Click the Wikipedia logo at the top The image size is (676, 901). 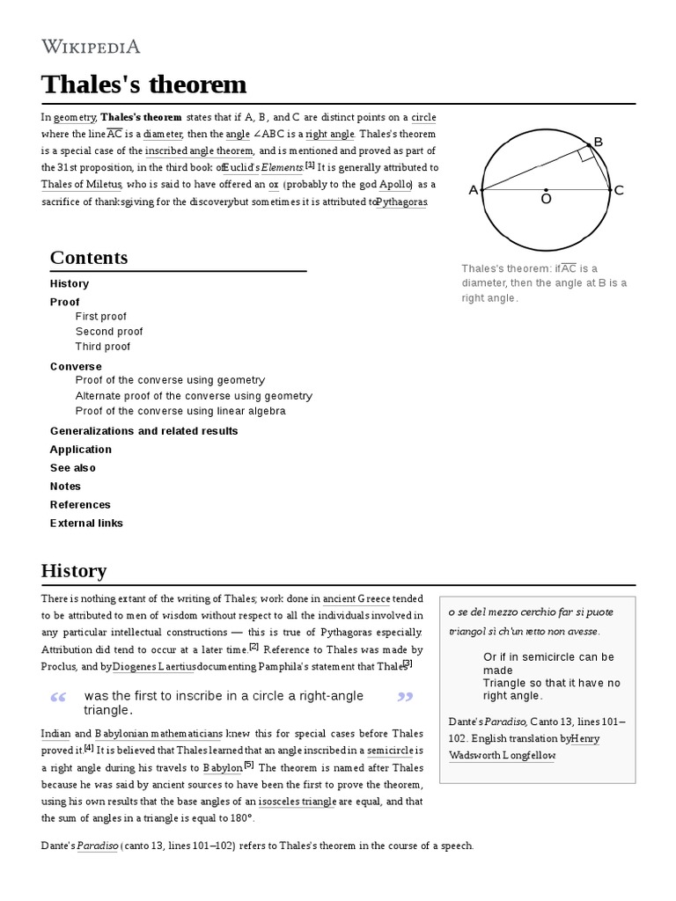coord(91,46)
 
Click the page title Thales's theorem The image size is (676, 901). coord(143,84)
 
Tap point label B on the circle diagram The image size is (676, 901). coord(599,142)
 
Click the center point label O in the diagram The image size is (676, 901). coord(546,201)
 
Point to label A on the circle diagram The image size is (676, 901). coord(474,190)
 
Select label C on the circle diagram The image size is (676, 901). coord(619,190)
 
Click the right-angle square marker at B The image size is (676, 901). coord(585,154)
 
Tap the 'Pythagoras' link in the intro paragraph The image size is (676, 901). coord(401,201)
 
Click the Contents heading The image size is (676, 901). coord(89,258)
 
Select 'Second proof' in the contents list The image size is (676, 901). coord(109,332)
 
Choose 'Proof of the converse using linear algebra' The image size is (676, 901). coord(180,411)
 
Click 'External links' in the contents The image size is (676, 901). coord(86,523)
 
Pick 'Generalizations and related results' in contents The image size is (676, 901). coord(143,430)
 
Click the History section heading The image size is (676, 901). coord(74,570)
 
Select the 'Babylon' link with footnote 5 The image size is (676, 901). coord(223,767)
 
